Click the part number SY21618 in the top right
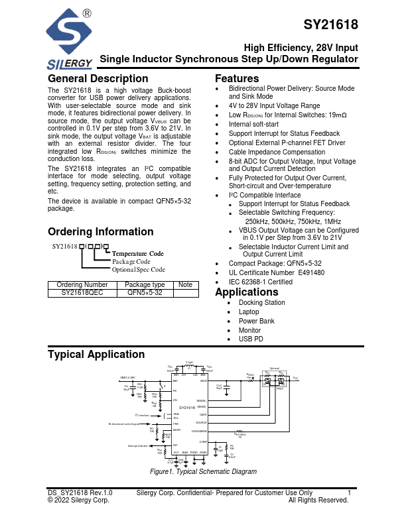pyautogui.click(x=331, y=26)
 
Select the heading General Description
pyautogui.click(x=98, y=79)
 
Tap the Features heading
pyautogui.click(x=237, y=79)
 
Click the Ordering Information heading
pyautogui.click(x=101, y=232)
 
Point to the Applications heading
pyautogui.click(x=246, y=292)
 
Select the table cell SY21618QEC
pyautogui.click(x=82, y=292)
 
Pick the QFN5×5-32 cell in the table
pyautogui.click(x=145, y=292)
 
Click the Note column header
pyautogui.click(x=186, y=285)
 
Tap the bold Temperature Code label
pyautogui.click(x=138, y=254)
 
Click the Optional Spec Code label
pyautogui.click(x=138, y=270)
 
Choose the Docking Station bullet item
pyautogui.click(x=262, y=302)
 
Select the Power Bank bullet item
pyautogui.click(x=257, y=321)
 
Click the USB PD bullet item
pyautogui.click(x=251, y=339)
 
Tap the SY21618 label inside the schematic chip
pyautogui.click(x=186, y=407)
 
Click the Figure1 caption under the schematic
pyautogui.click(x=203, y=471)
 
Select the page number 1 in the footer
pyautogui.click(x=349, y=493)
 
